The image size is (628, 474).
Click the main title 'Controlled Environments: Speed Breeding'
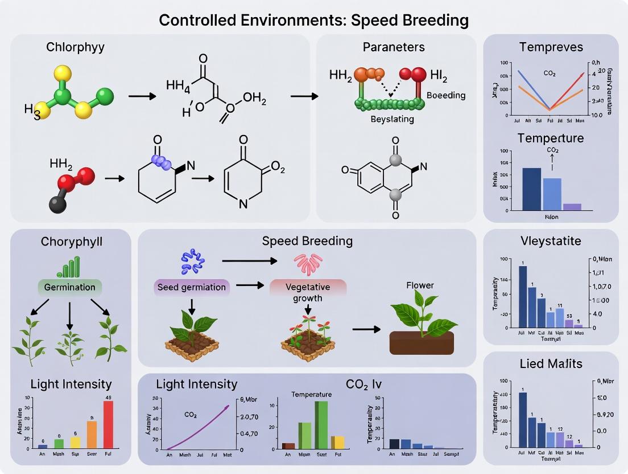(313, 21)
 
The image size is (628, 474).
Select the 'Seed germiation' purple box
(191, 287)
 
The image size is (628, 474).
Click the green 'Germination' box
(69, 287)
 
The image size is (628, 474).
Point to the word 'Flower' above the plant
(420, 285)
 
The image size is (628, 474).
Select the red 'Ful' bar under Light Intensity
(108, 424)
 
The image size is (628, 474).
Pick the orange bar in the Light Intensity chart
(92, 434)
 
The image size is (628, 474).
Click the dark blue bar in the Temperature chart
(531, 189)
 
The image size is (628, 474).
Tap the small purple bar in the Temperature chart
(572, 207)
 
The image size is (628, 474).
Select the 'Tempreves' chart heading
(551, 47)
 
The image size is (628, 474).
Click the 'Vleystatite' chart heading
(551, 241)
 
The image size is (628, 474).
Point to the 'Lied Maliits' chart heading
(551, 363)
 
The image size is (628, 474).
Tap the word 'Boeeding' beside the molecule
(445, 96)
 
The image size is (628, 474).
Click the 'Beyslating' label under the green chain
(392, 120)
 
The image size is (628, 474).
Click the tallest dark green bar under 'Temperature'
(321, 425)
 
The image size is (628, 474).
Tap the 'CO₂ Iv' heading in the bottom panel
(363, 384)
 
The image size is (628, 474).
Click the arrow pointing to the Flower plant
(367, 329)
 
